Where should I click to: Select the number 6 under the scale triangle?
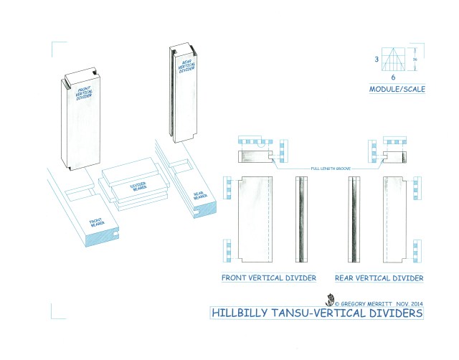tap(393, 76)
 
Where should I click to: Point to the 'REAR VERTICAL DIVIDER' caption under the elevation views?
tap(379, 278)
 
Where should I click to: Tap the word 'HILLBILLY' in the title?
tap(239, 313)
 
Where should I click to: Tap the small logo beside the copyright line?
tap(332, 300)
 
